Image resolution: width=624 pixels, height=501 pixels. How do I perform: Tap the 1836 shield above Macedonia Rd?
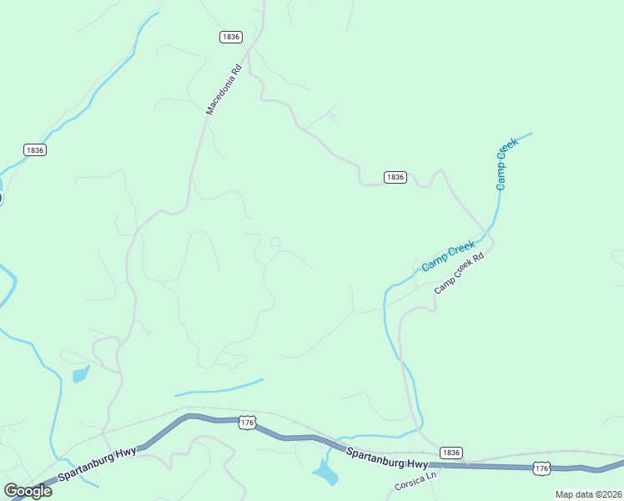[231, 37]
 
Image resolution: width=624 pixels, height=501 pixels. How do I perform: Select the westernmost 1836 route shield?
[35, 149]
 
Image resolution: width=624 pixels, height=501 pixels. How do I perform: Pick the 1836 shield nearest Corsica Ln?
[450, 452]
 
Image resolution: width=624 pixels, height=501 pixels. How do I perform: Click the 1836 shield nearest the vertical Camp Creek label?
[395, 177]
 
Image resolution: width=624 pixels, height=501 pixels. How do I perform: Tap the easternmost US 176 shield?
[541, 469]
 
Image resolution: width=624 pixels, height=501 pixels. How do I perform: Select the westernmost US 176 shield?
[246, 423]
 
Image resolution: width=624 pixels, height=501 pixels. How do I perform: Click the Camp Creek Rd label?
[459, 274]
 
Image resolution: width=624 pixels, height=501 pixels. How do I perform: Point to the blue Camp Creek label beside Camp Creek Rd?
[448, 256]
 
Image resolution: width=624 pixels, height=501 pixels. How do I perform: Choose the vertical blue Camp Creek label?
[507, 163]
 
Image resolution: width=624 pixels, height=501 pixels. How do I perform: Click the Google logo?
[28, 491]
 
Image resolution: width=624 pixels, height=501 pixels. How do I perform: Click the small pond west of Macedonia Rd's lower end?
[81, 374]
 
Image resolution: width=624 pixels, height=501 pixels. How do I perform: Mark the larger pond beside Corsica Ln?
[325, 473]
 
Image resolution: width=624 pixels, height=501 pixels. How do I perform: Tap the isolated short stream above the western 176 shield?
[219, 388]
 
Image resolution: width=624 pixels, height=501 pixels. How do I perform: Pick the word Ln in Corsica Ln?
[431, 477]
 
